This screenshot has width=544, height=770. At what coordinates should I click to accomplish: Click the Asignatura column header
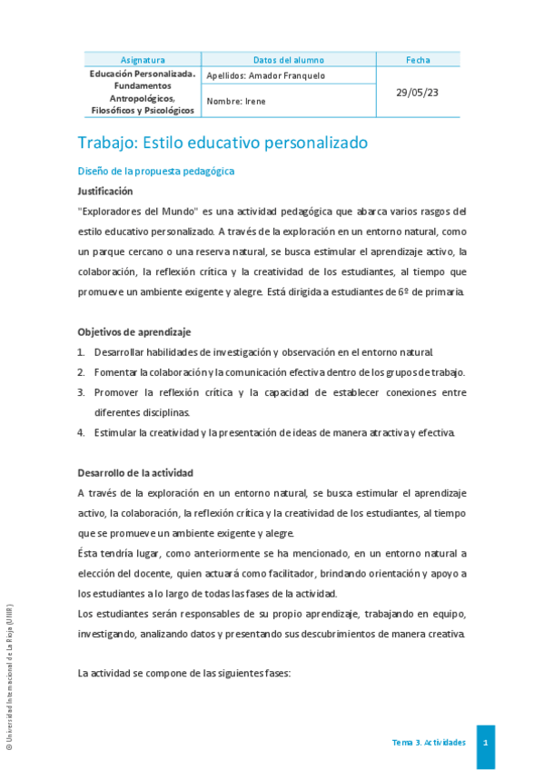pos(143,60)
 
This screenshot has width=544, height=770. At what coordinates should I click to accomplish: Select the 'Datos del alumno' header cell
pos(289,60)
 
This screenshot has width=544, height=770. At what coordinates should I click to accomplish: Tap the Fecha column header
pos(419,60)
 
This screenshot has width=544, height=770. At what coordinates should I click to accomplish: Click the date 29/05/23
pos(419,93)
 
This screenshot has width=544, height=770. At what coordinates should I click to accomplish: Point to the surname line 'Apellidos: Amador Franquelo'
pos(265,75)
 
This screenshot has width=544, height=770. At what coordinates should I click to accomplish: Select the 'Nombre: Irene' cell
pos(236,102)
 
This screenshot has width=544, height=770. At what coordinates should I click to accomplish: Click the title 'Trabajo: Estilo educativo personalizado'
pos(223,143)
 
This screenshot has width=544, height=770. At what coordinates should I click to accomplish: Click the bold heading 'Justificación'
pos(105,192)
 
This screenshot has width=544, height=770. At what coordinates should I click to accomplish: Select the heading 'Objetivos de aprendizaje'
pos(134,332)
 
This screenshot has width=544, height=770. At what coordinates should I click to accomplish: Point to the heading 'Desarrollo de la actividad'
pos(135,473)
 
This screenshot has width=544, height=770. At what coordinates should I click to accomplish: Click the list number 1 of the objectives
pos(81,352)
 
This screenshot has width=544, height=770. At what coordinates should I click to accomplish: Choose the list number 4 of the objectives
pos(81,432)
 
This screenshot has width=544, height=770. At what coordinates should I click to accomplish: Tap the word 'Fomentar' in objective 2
pos(116,372)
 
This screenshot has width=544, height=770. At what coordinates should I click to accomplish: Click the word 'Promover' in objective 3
pos(117,392)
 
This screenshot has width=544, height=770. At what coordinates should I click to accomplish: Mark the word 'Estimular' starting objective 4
pos(116,432)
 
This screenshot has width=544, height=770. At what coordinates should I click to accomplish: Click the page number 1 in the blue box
pos(486,743)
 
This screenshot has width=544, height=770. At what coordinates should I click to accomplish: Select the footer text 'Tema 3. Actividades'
pos(429,743)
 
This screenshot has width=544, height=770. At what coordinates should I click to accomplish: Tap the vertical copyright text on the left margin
pos(10,676)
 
